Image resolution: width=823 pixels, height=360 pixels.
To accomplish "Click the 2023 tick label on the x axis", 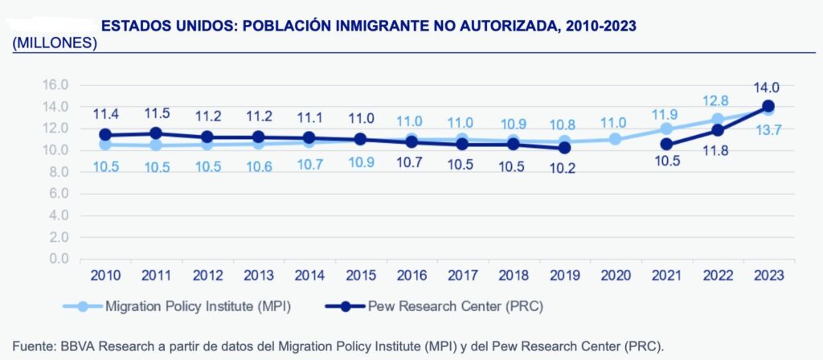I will (768, 276).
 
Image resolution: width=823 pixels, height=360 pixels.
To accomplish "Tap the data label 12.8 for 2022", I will (719, 100).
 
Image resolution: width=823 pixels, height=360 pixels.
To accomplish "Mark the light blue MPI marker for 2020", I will (615, 139).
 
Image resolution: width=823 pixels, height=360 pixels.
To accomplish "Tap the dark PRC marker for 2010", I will (105, 135).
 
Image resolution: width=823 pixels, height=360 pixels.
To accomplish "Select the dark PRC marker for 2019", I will (565, 148).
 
